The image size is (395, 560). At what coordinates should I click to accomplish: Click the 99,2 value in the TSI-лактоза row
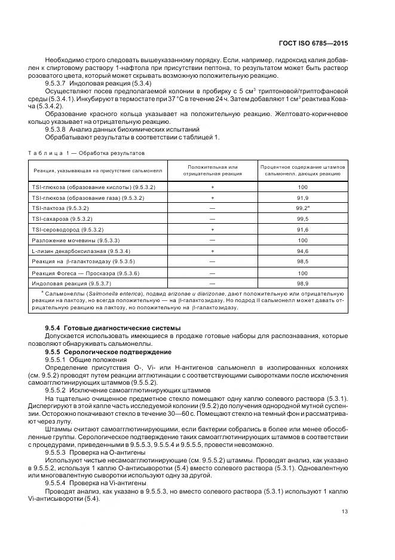click(302, 208)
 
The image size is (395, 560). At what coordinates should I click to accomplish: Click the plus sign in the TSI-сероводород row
click(212, 230)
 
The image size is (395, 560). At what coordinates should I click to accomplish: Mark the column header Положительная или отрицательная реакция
click(212, 170)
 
